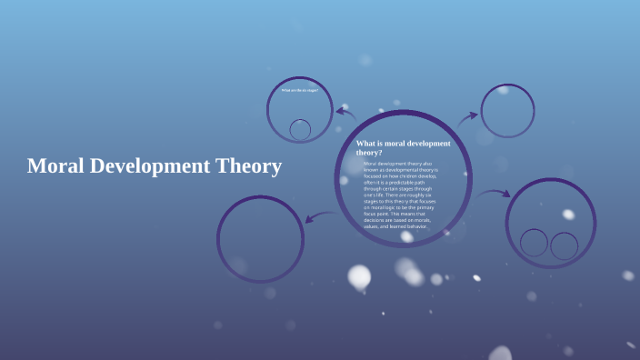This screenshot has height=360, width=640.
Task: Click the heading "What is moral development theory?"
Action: pos(402,148)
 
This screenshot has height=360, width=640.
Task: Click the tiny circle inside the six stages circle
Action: pos(300,129)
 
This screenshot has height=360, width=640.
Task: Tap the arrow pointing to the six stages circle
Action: pos(345,113)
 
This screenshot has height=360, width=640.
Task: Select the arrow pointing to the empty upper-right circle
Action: pos(468,117)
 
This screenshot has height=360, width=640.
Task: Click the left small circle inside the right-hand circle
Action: pos(535,243)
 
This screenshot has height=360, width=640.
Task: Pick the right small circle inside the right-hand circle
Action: pos(565,245)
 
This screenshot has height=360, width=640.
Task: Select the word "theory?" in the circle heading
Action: pos(370,153)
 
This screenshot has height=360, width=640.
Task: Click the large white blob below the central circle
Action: pos(360,276)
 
